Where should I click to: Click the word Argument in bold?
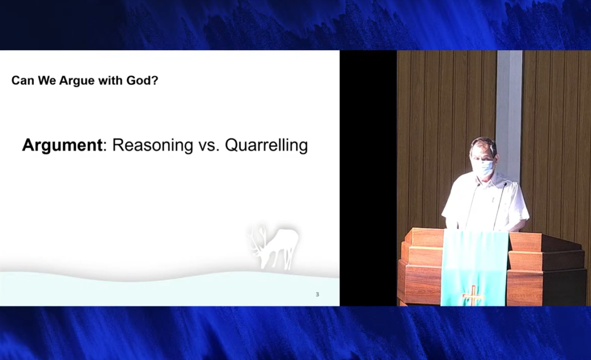point(62,145)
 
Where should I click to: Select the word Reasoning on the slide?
point(152,145)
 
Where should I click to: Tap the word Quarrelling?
point(266,145)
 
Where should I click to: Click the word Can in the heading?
point(23,81)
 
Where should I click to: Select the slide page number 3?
point(317,294)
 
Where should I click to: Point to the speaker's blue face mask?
point(484,168)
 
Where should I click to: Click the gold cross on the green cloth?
point(473,295)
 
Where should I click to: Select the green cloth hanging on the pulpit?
point(475,268)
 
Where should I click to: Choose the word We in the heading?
point(47,81)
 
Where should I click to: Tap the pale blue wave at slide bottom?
point(170,290)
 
